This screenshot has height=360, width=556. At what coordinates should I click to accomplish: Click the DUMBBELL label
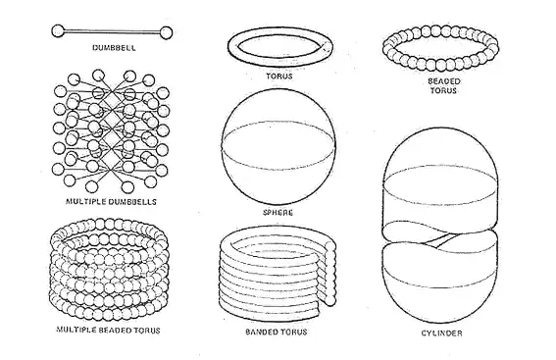114,46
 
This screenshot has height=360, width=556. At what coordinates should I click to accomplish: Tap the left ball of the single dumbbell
57,32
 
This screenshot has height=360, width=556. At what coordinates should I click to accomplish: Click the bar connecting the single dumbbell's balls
115,32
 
